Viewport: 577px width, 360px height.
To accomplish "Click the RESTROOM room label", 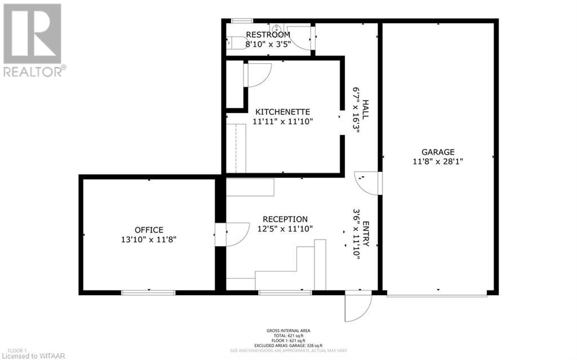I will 268,34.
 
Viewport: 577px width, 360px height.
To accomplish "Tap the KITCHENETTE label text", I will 282,111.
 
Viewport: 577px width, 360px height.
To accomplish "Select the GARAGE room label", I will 438,152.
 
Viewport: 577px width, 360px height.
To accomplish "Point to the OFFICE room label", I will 149,229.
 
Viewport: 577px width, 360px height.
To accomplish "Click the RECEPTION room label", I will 285,219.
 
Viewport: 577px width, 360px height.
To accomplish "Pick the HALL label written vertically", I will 365,110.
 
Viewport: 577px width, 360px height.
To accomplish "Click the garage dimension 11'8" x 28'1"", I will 438,161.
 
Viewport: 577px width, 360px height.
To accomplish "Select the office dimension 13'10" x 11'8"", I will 149,239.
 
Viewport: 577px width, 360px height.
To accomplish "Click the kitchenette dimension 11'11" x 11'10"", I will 282,121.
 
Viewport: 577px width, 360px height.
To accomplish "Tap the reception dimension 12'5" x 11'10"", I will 285,228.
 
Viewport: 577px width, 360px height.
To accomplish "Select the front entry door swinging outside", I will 357,307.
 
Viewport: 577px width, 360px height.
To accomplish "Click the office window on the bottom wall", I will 149,292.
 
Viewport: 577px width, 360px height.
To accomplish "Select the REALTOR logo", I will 33,39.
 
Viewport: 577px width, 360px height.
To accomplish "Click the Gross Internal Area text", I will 288,331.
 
